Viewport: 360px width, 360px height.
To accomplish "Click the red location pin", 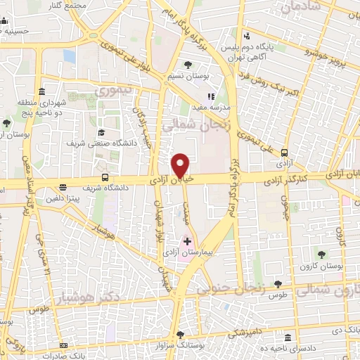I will pos(181,165).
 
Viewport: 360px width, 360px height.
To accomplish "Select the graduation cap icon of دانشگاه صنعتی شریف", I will pos(101,132).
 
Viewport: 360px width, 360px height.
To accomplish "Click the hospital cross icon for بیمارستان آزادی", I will pos(187,241).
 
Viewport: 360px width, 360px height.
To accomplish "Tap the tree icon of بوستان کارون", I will pos(322,254).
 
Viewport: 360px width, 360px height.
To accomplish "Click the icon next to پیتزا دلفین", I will pos(63,188).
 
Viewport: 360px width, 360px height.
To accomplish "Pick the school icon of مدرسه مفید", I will pos(209,97).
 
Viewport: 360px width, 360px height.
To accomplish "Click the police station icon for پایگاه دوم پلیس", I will pos(246,36).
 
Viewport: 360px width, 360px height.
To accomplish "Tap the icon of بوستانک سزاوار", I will pos(181,335).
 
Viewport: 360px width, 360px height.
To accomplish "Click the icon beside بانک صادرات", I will pos(63,346).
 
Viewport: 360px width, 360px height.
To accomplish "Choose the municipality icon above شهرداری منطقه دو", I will pos(42,92).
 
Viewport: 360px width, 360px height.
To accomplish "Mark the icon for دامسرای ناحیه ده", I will pos(288,337).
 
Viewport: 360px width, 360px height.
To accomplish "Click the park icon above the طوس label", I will pos(278,284).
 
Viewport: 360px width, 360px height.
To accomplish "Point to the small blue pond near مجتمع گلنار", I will pos(69,56).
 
